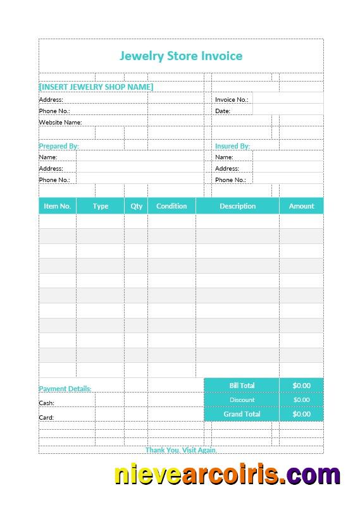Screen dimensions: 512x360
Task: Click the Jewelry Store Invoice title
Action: [x=181, y=56]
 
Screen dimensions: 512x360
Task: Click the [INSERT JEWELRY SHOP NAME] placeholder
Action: [x=96, y=87]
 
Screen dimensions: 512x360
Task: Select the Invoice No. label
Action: [x=232, y=100]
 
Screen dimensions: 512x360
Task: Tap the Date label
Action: [x=223, y=111]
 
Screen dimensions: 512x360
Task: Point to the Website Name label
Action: [x=60, y=122]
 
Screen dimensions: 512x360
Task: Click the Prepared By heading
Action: [x=59, y=146]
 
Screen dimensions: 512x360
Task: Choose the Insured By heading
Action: [x=232, y=146]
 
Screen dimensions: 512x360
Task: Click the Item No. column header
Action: [x=57, y=206]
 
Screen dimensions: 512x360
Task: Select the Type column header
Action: [x=100, y=206]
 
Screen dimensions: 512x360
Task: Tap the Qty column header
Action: [x=137, y=206]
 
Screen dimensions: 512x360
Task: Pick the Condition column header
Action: [x=171, y=206]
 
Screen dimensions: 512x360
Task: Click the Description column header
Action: [x=237, y=206]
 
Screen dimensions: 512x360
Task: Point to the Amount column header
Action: [x=301, y=206]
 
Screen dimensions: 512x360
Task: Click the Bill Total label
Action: [x=242, y=386]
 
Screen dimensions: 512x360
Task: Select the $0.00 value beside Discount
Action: [x=301, y=399]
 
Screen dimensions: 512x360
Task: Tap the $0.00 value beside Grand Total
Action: [x=301, y=414]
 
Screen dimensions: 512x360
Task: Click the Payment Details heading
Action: [x=65, y=389]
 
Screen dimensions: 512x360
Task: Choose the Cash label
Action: [x=47, y=403]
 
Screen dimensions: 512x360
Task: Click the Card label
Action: [x=47, y=417]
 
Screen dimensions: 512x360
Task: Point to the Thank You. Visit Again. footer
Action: [x=181, y=450]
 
